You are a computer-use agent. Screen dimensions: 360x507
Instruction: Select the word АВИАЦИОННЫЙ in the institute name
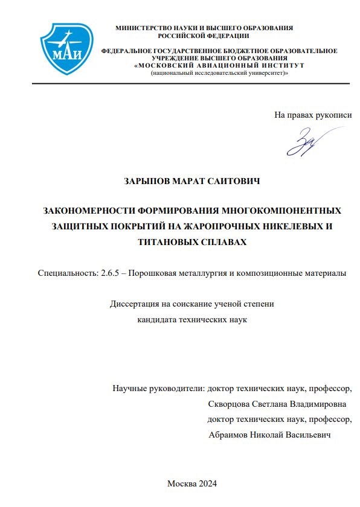click(x=226, y=65)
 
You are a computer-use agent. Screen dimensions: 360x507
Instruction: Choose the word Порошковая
click(x=156, y=273)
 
